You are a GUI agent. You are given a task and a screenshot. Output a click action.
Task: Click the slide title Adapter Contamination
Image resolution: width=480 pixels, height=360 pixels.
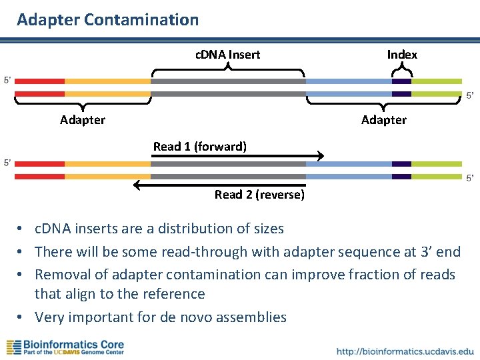click(x=107, y=20)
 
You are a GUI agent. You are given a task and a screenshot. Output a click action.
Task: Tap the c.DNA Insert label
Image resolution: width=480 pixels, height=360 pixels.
click(x=227, y=55)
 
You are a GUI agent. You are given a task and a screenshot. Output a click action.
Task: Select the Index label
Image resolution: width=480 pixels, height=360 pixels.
click(x=402, y=55)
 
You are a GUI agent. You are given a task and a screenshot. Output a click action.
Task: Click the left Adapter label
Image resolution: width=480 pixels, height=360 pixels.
click(x=83, y=120)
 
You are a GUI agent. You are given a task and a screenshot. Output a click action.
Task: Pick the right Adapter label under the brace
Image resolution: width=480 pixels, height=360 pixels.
click(x=383, y=120)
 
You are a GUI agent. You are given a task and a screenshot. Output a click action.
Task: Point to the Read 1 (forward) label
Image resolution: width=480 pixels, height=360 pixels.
click(x=199, y=146)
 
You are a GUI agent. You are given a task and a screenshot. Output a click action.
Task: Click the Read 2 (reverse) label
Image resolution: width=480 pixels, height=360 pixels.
click(x=259, y=195)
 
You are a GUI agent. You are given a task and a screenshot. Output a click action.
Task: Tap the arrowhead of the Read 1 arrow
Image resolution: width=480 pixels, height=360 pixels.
click(x=320, y=157)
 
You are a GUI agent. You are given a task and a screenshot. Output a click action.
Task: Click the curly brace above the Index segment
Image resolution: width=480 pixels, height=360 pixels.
click(x=401, y=70)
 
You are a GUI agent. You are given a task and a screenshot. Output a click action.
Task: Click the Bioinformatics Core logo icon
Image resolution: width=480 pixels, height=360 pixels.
click(x=14, y=347)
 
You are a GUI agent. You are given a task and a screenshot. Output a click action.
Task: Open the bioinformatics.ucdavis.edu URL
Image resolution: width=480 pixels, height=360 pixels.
click(x=405, y=351)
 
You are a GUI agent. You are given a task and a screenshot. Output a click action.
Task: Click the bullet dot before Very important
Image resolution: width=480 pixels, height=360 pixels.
click(x=22, y=317)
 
